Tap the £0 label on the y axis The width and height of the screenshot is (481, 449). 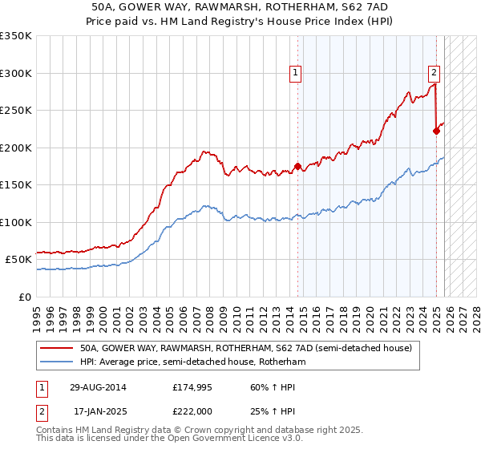pyautogui.click(x=25, y=297)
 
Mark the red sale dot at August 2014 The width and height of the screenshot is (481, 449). pyautogui.click(x=298, y=167)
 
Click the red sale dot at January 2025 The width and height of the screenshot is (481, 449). pyautogui.click(x=437, y=132)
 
